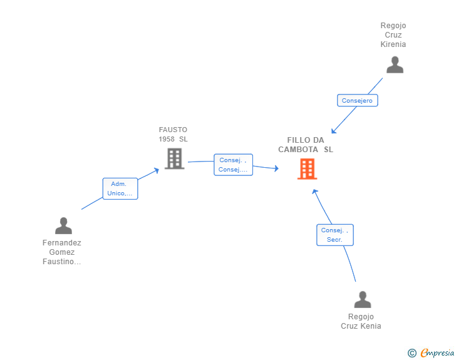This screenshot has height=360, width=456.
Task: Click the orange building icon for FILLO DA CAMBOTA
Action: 307,169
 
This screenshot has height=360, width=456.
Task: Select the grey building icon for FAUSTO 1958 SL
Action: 174,159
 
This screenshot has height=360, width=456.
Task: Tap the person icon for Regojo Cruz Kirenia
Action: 395,65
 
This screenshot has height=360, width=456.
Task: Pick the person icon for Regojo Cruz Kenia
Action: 363,300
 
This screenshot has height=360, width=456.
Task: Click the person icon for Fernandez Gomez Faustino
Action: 63,225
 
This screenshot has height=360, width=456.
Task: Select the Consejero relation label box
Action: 357,100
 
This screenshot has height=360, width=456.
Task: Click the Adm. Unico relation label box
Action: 120,188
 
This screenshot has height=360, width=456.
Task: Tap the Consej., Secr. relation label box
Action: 334,235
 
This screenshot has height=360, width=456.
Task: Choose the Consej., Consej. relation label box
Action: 233,165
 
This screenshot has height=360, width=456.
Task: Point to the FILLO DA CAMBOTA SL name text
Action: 305,145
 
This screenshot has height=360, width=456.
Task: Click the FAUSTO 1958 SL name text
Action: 173,134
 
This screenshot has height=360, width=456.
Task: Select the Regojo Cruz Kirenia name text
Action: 393,35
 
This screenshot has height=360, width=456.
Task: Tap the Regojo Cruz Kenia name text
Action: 361,321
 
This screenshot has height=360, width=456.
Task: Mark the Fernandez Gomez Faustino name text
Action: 62,252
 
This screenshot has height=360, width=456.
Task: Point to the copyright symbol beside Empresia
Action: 412,353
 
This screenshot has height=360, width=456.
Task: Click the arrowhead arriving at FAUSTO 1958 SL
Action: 157,169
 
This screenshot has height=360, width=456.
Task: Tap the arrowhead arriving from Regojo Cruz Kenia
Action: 314,192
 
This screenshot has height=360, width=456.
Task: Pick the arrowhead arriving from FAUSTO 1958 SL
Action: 276,168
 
